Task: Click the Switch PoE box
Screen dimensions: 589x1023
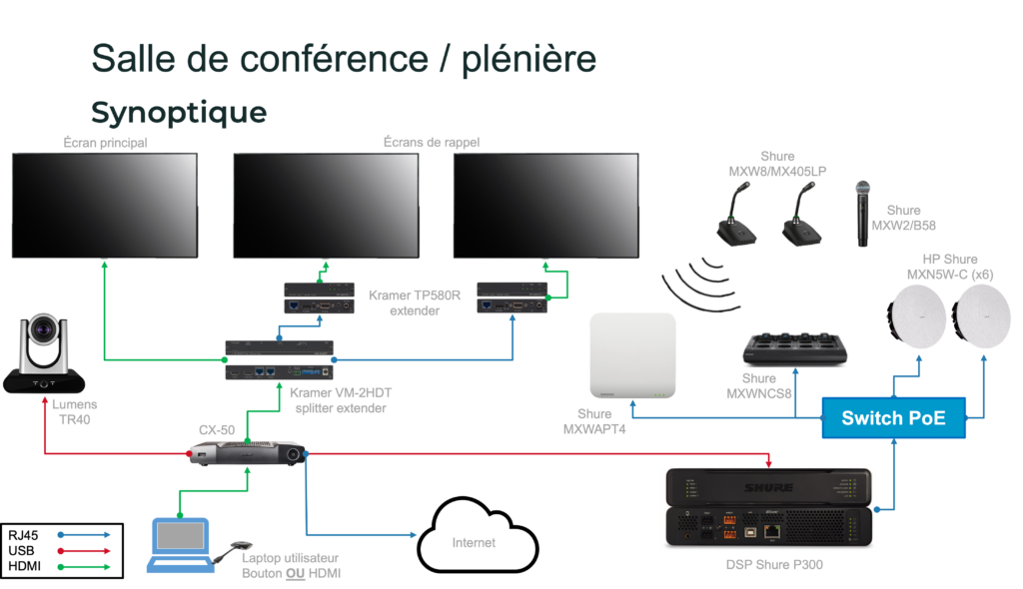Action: coord(895,418)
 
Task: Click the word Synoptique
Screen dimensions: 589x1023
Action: coord(179,112)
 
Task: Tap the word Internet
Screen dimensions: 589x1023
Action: coord(474,543)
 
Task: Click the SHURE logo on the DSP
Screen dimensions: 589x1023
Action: coord(768,487)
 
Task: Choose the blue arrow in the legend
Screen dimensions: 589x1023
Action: coord(84,535)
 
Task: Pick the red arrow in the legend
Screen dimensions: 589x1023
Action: coord(84,550)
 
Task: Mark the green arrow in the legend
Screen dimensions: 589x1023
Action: coord(84,566)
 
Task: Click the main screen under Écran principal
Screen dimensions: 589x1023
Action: coord(104,205)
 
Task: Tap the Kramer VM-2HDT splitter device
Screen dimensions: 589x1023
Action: coord(279,360)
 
